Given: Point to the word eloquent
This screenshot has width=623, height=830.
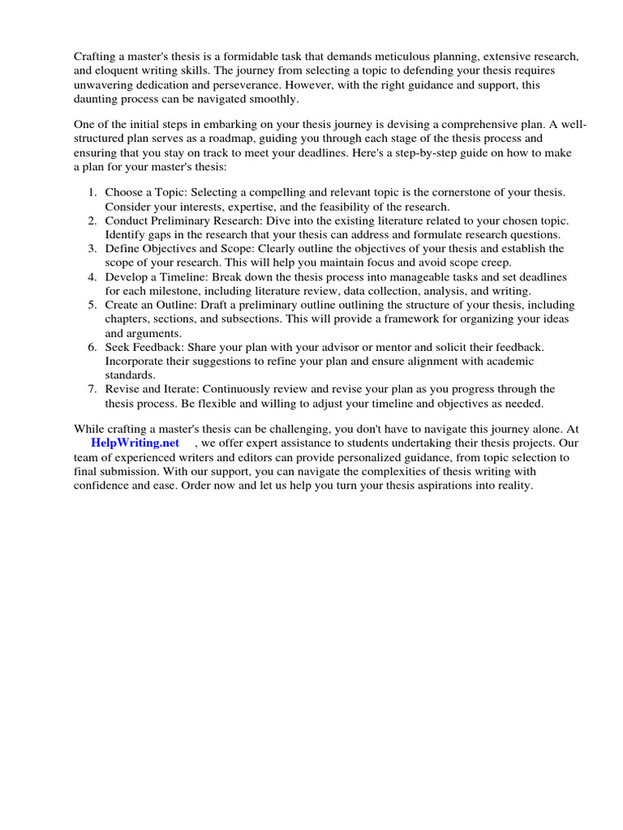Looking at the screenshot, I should coord(118,71).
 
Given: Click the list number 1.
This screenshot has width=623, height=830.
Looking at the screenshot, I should coord(92,193).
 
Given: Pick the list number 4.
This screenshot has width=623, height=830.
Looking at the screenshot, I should coord(92,276).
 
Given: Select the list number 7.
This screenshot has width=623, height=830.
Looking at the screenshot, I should coord(92,388).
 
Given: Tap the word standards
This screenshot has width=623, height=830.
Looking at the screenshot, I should coord(130,374).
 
